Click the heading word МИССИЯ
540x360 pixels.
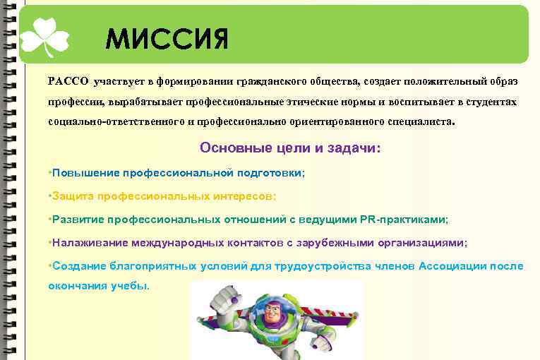pyautogui.click(x=167, y=40)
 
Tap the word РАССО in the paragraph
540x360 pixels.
pyautogui.click(x=68, y=81)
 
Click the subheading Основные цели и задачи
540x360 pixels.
pyautogui.click(x=290, y=148)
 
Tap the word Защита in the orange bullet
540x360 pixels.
pyautogui.click(x=71, y=196)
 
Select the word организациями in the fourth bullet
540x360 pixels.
pyautogui.click(x=424, y=242)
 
